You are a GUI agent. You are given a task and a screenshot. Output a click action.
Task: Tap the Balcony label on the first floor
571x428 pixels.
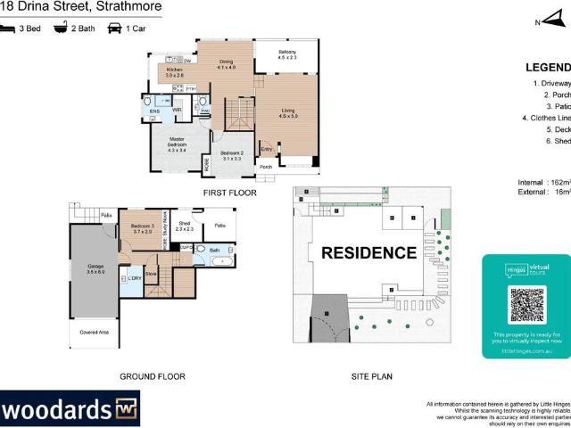click(286, 54)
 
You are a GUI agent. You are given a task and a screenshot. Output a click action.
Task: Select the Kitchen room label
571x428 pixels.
click(174, 72)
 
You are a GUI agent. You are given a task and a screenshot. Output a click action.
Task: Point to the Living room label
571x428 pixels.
click(287, 113)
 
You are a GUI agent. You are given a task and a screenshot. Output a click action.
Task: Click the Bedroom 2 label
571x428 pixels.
click(232, 155)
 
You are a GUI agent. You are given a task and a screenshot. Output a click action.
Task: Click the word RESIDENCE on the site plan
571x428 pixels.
click(368, 252)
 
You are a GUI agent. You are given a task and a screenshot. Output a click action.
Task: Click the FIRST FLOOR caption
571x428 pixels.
click(229, 193)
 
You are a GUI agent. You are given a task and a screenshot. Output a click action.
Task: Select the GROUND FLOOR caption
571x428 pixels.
click(153, 376)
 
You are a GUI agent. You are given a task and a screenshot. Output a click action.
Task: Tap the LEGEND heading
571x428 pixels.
click(547, 68)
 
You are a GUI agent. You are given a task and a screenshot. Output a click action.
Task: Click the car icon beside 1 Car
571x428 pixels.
click(114, 28)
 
